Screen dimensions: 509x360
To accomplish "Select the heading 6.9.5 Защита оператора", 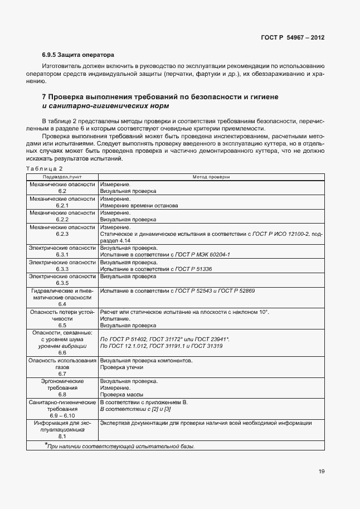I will coord(78,55).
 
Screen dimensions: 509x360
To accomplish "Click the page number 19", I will coord(322,471).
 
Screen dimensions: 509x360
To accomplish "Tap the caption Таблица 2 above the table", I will coord(45,168).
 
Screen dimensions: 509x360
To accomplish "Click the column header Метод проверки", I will coord(211,176).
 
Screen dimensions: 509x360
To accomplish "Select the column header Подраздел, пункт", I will coord(62,176).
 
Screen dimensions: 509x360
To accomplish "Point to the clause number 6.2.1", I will coord(62,206).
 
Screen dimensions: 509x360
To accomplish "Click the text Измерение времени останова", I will coord(139,206).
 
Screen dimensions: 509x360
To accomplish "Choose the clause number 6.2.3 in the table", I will coord(62,234).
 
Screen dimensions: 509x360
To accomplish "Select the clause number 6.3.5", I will coord(62,283).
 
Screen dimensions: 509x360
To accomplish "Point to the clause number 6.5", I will coord(62,325).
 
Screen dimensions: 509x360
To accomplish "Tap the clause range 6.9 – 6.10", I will coord(62,416).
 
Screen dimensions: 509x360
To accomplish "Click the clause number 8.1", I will coord(62,437).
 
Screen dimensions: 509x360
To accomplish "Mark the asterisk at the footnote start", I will coord(46,445).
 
